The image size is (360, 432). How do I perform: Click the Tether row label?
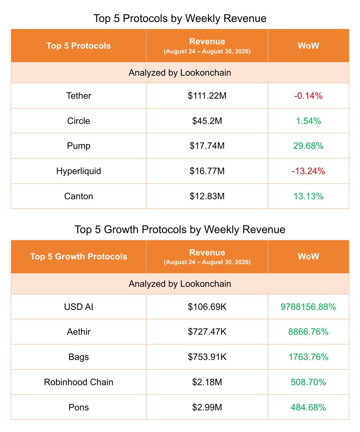pos(78,96)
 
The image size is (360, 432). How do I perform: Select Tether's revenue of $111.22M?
pos(207,96)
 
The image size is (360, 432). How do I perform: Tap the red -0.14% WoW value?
pos(308,96)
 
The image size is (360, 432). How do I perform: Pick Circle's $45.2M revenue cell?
pos(207,121)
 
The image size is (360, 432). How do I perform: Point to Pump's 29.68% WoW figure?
pos(308,146)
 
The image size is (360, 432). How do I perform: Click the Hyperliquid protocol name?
pos(78,171)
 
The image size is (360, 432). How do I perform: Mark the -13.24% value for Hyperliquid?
pos(308,171)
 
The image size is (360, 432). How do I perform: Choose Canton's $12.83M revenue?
pos(207,196)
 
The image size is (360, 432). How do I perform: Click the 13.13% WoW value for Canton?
pos(308,196)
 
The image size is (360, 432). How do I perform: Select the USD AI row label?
pos(78,307)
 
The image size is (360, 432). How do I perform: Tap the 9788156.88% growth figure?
pos(308,307)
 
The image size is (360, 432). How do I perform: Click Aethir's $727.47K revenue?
pos(207,332)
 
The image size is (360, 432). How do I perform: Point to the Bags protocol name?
pos(78,357)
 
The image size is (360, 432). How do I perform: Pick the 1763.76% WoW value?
pos(308,357)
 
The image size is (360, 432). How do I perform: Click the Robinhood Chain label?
pos(78,382)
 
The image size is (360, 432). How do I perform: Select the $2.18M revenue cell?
pos(207,382)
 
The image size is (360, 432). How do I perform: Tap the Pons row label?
pos(78,407)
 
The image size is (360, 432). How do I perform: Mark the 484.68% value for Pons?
pos(308,407)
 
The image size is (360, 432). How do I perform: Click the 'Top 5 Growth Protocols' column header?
pos(78,256)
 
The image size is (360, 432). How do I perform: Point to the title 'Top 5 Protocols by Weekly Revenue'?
pos(180,18)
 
